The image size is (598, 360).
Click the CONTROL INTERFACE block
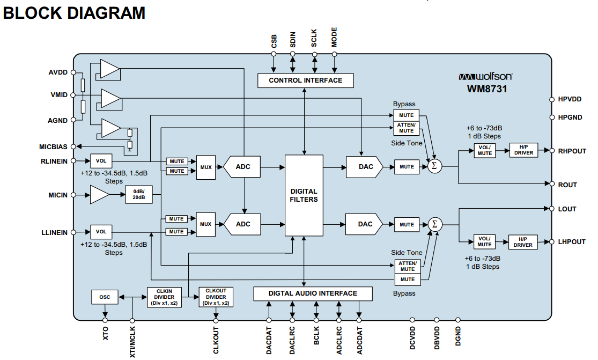point(305,80)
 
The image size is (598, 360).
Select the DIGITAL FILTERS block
point(304,195)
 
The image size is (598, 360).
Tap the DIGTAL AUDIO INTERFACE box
point(313,293)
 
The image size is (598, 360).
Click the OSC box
point(105,297)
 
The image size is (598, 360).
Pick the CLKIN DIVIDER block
point(164,297)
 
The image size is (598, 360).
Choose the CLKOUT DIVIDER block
point(216,297)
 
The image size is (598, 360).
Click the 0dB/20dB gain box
point(139,195)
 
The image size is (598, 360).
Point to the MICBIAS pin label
point(54,146)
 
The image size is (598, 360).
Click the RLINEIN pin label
point(54,160)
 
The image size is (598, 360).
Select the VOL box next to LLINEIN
point(101,232)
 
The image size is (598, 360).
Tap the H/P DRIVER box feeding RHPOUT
point(524,150)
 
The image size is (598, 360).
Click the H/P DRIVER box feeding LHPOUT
point(524,241)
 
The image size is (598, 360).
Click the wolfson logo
point(485,76)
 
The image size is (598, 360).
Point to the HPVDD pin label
point(570,99)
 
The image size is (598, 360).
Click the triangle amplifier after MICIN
point(99,195)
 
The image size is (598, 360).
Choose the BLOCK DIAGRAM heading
point(74,13)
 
